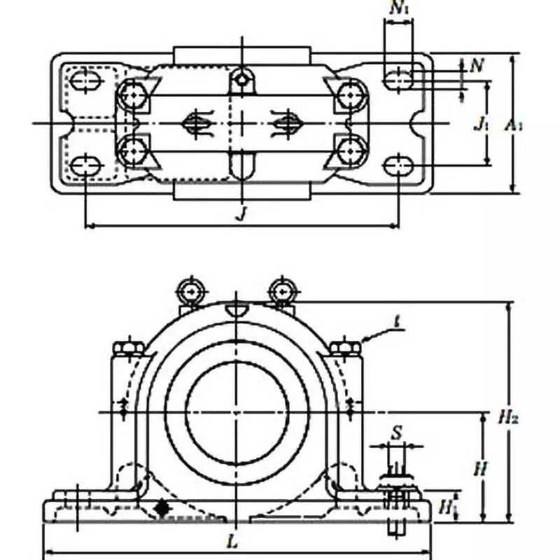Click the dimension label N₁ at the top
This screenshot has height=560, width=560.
[x=398, y=10]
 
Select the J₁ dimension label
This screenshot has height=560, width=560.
[x=480, y=124]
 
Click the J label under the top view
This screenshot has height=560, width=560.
[x=241, y=213]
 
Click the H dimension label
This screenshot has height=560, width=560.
[x=479, y=468]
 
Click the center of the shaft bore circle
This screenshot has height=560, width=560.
[x=237, y=412]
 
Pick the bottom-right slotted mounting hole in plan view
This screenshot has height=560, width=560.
[x=398, y=165]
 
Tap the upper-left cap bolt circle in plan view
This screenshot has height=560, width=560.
[x=132, y=94]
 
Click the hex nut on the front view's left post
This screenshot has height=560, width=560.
[x=128, y=348]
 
